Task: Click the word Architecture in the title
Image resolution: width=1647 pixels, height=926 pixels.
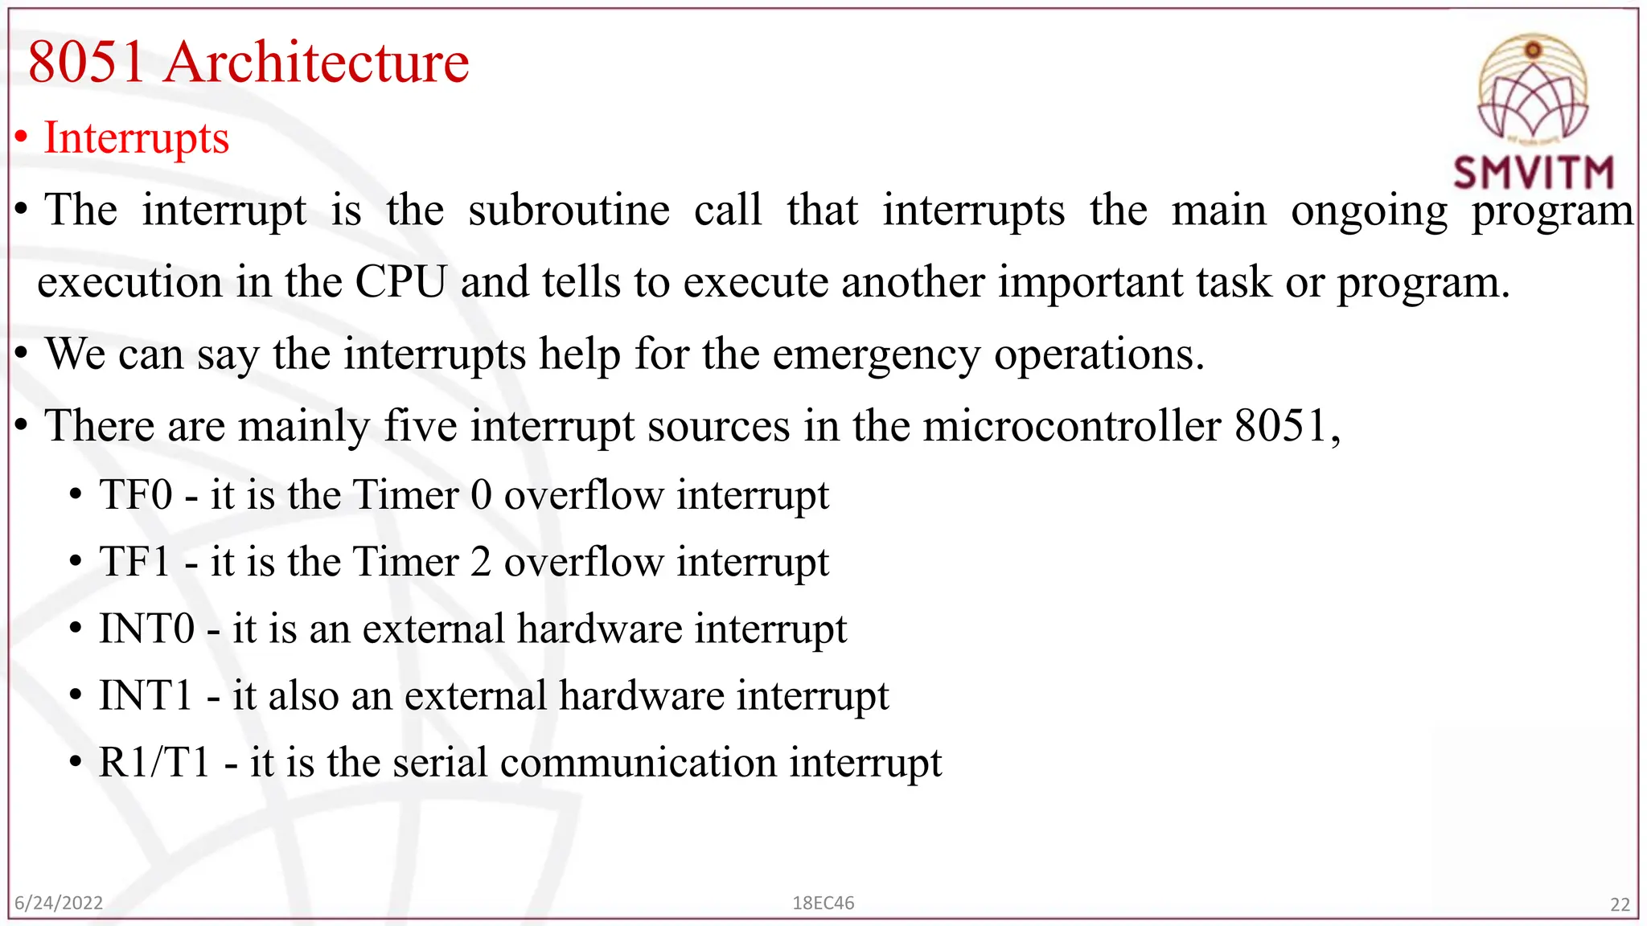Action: tap(317, 62)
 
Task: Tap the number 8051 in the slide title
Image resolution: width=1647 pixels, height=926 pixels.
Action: tap(87, 62)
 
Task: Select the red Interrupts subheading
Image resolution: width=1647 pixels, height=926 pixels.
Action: tap(136, 138)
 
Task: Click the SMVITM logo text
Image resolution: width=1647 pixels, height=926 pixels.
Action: tap(1534, 173)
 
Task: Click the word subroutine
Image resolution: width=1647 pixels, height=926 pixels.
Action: tap(569, 211)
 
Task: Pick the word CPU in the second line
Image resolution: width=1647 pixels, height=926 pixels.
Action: tap(400, 282)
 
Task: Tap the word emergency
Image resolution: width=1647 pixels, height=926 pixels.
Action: tap(876, 354)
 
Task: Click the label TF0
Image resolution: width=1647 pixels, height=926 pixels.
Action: tap(136, 494)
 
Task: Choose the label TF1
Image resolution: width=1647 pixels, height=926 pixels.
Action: tap(136, 561)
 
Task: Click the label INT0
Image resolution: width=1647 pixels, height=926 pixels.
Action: tap(147, 629)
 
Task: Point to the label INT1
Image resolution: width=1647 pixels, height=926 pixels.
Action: tap(146, 695)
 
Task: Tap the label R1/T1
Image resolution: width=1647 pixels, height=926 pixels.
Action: tap(154, 762)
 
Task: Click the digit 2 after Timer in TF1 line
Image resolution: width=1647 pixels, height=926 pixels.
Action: tap(481, 561)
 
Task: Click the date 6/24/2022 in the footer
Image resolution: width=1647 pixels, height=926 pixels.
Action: tap(59, 903)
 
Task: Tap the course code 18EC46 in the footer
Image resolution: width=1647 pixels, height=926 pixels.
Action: tap(823, 903)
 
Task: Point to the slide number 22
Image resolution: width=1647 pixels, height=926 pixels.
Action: tap(1620, 904)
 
